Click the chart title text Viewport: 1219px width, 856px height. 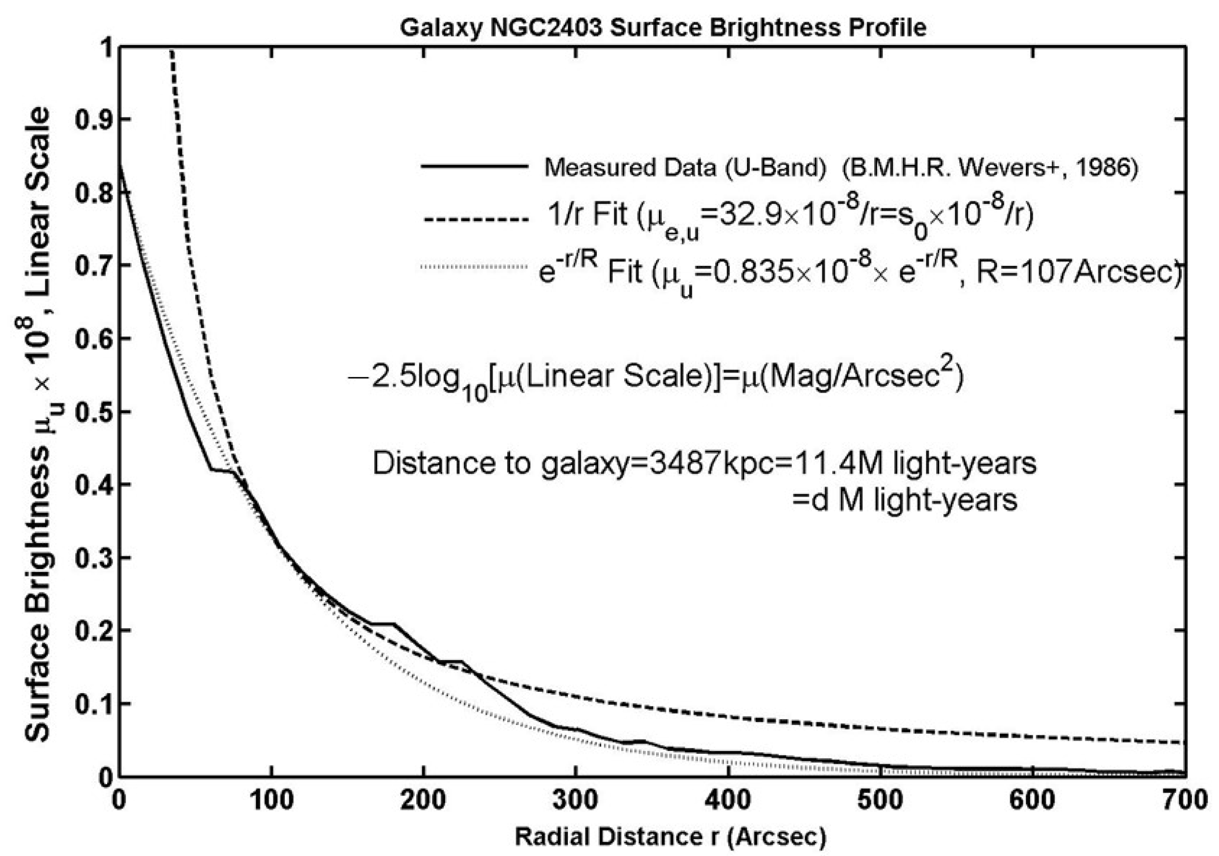[x=663, y=27]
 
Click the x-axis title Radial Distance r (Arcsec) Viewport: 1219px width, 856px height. [x=670, y=837]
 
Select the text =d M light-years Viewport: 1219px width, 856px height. [x=904, y=500]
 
